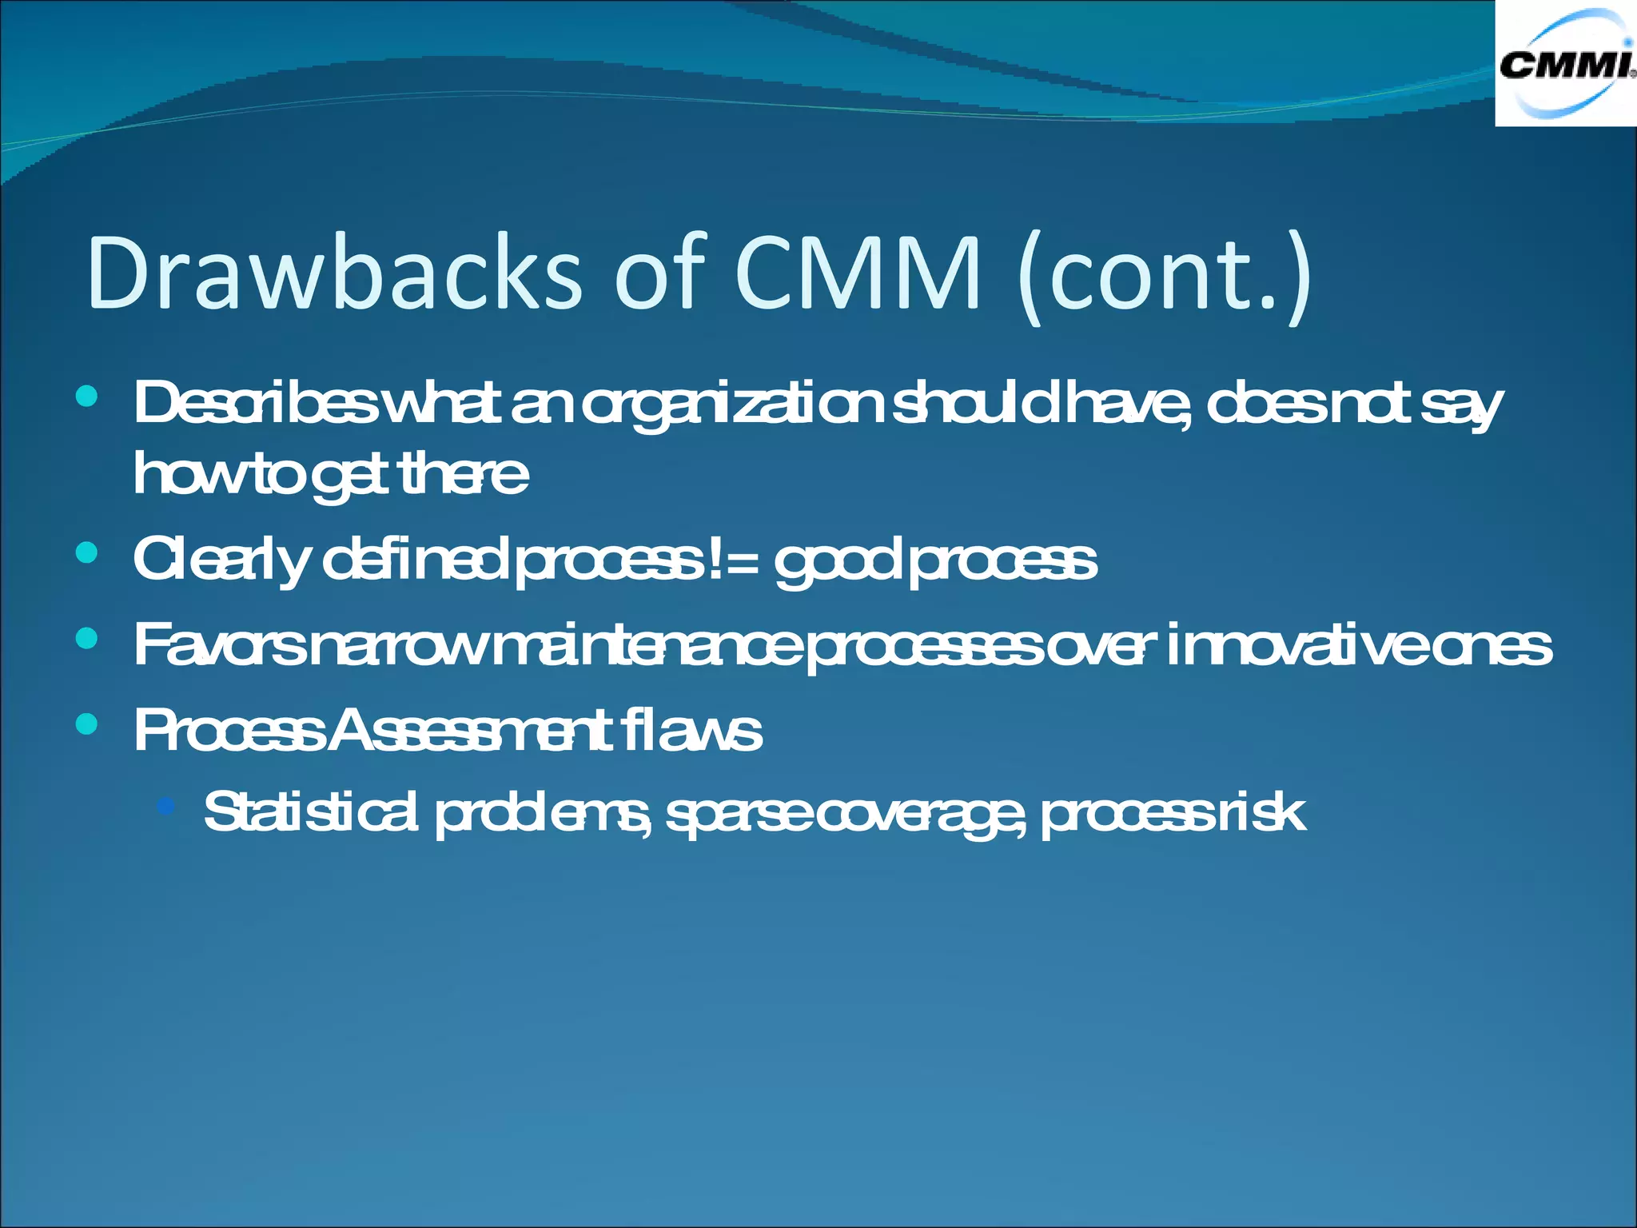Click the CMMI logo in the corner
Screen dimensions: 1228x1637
(x=1565, y=64)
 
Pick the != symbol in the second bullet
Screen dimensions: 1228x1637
(x=731, y=559)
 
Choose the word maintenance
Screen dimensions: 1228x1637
(x=647, y=645)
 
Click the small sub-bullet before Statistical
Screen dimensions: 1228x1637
(x=166, y=806)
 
